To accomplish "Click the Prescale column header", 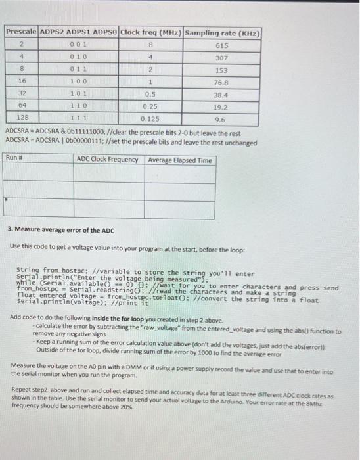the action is (22, 32).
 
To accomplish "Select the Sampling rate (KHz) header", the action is (223, 32).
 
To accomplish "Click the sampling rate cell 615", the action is (222, 45).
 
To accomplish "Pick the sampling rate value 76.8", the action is (222, 83).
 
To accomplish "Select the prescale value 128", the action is (21, 119).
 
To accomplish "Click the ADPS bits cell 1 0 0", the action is (79, 82).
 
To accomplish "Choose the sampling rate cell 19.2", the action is (222, 106).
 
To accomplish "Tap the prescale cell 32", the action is (21, 95).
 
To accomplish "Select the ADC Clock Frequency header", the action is (108, 160).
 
